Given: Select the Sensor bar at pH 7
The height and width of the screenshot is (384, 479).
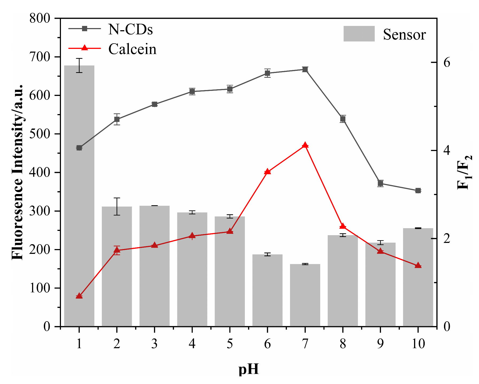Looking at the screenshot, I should click(305, 295).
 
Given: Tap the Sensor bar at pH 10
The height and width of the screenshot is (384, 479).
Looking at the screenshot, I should click(418, 278).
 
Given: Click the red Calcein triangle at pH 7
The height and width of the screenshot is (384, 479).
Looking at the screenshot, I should click(305, 145).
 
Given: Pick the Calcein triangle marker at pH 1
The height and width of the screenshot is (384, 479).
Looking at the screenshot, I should click(79, 296).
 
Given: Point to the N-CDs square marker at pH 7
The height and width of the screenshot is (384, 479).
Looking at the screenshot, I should click(305, 69).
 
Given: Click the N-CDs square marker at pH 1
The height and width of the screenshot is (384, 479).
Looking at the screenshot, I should click(79, 148).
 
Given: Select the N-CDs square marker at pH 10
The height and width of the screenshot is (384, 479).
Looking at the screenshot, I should click(418, 191).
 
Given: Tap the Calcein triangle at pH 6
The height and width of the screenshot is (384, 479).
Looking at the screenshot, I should click(267, 172).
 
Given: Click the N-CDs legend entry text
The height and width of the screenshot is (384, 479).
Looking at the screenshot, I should click(130, 29).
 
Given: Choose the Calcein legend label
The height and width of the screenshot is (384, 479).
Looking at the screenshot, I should click(132, 49).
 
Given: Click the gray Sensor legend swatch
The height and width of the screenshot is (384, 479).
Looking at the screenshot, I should click(359, 34).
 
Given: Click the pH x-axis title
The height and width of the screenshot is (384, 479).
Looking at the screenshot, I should click(249, 369).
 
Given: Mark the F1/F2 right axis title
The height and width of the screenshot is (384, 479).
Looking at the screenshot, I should click(465, 172).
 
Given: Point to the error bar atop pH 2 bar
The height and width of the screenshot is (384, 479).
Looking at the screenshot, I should click(117, 206).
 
